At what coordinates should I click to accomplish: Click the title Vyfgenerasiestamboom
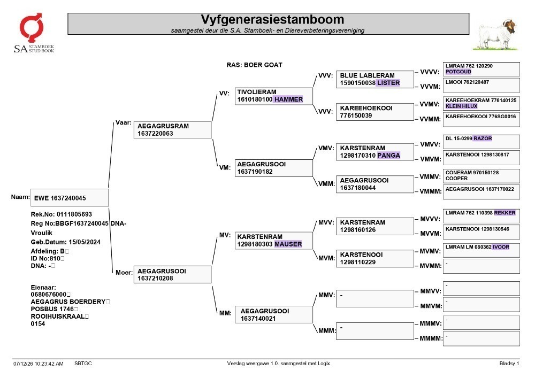click(x=272, y=19)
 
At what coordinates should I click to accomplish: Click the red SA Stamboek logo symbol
click(x=32, y=27)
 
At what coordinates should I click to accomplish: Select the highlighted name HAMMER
click(x=288, y=99)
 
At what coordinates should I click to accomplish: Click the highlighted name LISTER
click(x=388, y=83)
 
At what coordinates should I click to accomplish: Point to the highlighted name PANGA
click(x=388, y=156)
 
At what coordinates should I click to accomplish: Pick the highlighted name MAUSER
click(x=288, y=244)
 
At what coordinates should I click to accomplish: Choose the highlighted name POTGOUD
click(x=458, y=72)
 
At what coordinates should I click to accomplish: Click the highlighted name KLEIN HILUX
click(x=461, y=106)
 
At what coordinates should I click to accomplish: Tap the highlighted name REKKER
click(x=505, y=213)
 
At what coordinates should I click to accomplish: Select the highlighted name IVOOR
click(x=501, y=247)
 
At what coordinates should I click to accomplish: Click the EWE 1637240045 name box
click(x=70, y=198)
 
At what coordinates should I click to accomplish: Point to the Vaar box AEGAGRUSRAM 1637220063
click(x=172, y=130)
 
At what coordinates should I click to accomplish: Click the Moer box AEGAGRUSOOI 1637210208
click(x=172, y=274)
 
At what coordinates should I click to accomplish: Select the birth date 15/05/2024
click(x=85, y=242)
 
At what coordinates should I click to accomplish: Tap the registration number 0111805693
click(x=74, y=214)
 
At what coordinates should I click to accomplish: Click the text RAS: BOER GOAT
click(x=254, y=65)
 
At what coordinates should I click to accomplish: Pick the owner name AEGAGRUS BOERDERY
click(x=68, y=302)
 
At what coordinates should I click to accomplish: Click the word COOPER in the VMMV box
click(x=456, y=178)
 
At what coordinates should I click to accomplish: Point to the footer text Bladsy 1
click(x=509, y=364)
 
